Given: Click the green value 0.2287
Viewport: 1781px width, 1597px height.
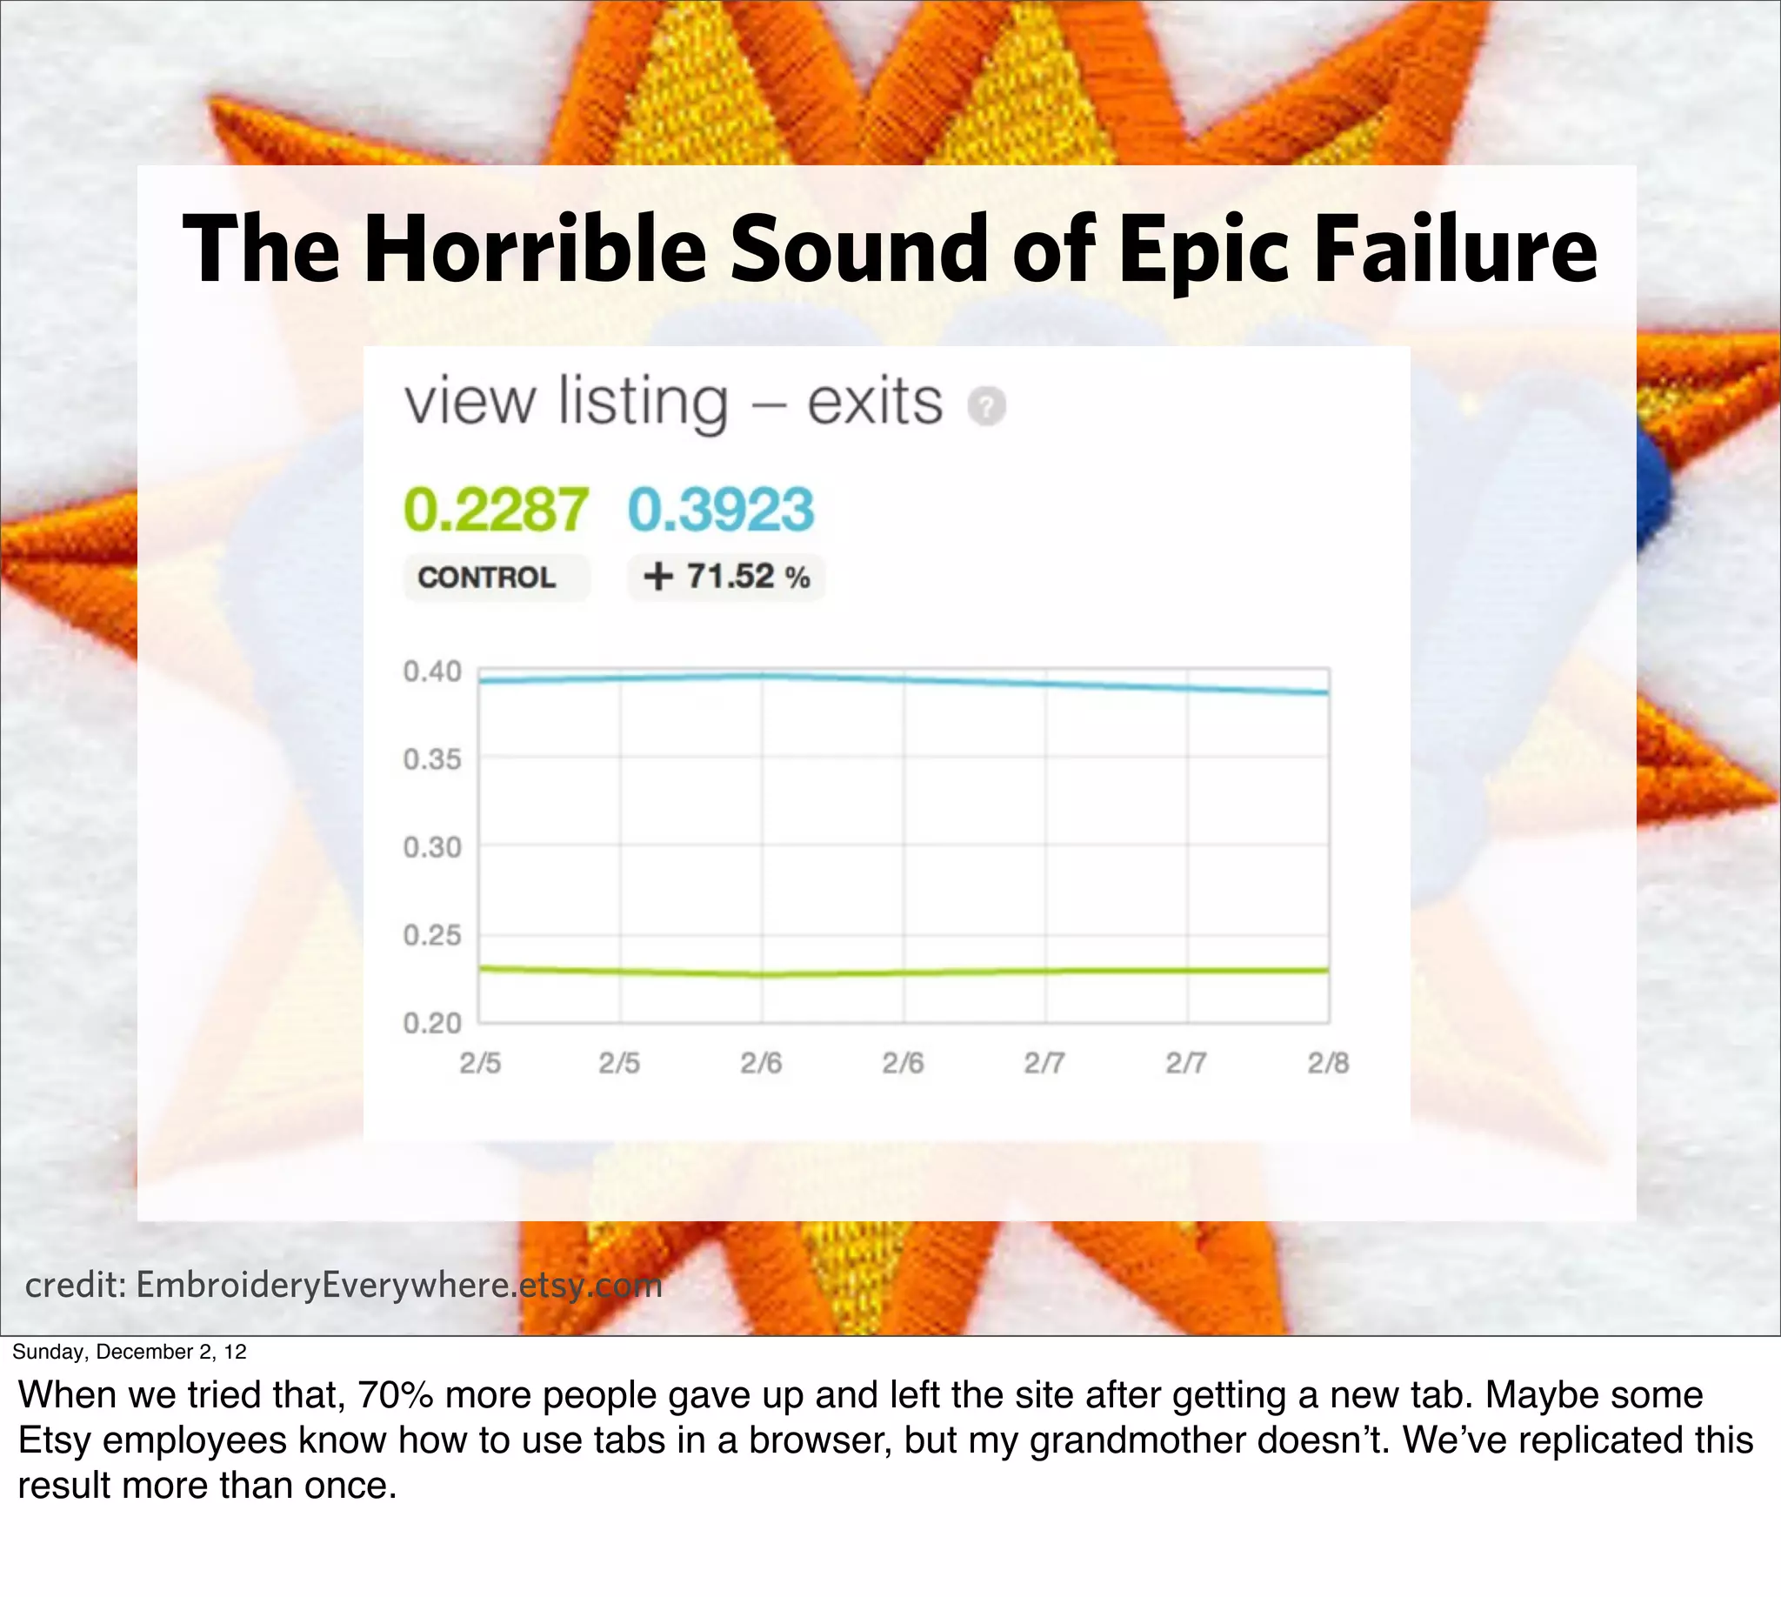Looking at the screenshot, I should (496, 510).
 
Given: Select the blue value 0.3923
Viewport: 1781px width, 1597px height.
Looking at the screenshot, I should (721, 510).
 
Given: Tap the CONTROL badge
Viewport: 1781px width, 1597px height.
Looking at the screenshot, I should (487, 578).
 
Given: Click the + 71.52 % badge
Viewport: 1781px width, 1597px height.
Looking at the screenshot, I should (726, 578).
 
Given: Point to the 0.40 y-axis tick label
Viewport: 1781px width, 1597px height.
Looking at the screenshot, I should (431, 672).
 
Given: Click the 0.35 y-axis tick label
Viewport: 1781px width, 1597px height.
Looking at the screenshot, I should (431, 760).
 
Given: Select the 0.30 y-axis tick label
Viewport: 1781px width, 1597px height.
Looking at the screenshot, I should (431, 847).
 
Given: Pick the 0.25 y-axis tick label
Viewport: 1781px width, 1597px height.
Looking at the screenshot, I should (431, 935).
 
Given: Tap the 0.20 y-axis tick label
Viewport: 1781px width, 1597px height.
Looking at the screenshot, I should (431, 1023).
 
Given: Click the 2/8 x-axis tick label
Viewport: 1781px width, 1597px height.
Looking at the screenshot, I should (1327, 1064).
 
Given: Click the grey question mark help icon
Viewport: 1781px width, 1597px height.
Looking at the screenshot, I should (986, 406).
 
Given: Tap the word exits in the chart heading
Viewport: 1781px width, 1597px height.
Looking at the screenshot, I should (875, 403).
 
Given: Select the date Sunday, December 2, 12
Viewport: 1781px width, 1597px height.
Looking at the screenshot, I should (130, 1352).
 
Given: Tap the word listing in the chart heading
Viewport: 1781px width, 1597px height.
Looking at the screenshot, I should (643, 403).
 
